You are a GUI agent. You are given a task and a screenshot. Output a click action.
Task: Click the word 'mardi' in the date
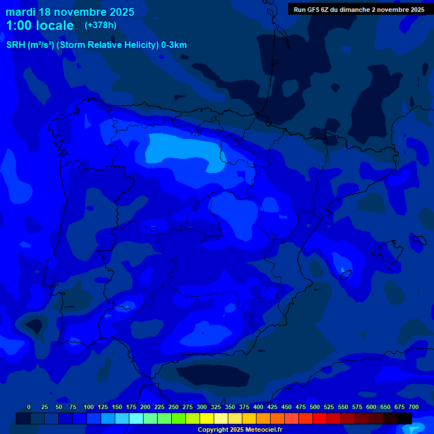(20, 12)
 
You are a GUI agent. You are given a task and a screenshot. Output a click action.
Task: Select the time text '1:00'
(19, 25)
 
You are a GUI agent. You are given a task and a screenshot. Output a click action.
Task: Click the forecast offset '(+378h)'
(100, 25)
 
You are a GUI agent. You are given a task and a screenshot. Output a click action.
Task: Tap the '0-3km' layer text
(174, 45)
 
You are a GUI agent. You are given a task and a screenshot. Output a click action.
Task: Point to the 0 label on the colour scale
(29, 407)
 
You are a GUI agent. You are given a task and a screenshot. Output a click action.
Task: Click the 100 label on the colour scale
(89, 407)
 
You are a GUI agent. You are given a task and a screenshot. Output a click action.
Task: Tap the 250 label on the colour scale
(173, 407)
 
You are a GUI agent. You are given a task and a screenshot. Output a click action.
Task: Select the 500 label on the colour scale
(315, 407)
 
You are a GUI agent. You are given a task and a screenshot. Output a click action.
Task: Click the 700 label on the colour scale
(414, 407)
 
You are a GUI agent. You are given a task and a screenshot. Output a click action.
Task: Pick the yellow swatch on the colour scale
(207, 418)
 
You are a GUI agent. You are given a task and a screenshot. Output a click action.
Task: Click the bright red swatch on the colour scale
(320, 418)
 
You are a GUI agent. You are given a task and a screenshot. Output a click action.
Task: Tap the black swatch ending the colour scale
(405, 418)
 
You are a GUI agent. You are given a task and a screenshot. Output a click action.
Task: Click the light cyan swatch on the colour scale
(136, 418)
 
